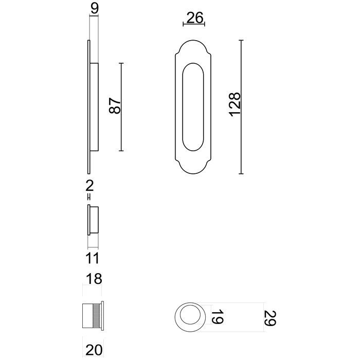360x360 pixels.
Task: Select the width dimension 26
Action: [x=194, y=18]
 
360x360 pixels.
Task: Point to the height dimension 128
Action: [x=234, y=104]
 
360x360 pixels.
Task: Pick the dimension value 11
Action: [x=93, y=258]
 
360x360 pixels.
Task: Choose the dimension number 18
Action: [x=94, y=279]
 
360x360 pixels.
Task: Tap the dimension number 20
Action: [x=94, y=350]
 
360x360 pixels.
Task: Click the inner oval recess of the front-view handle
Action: [x=193, y=107]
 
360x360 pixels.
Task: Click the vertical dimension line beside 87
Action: [x=121, y=106]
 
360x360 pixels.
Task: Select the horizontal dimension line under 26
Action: [x=194, y=25]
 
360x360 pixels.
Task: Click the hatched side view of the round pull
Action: [x=93, y=314]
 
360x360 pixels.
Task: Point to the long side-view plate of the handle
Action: [x=89, y=106]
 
